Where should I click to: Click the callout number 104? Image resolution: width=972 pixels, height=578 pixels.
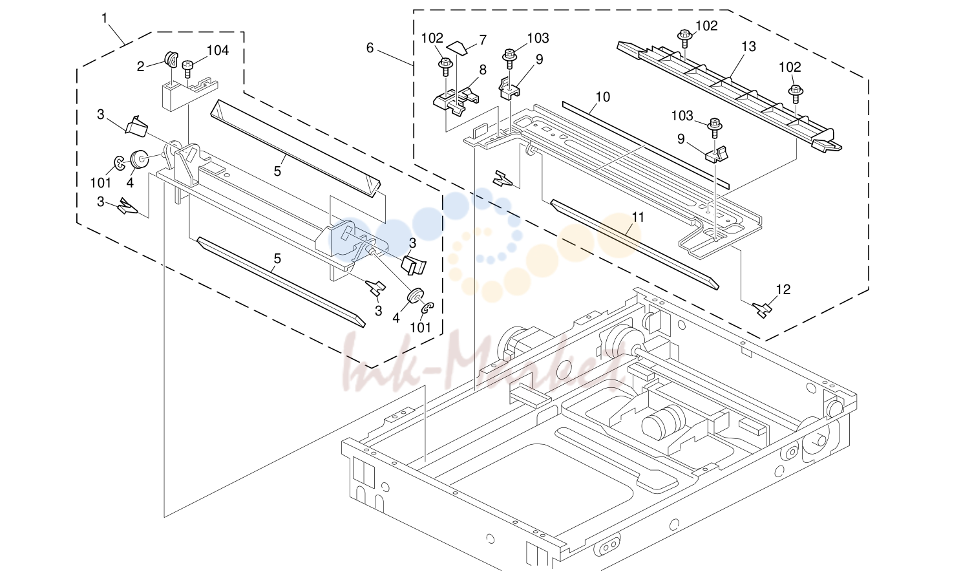(217, 51)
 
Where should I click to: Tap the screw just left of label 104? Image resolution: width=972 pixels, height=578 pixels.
(187, 69)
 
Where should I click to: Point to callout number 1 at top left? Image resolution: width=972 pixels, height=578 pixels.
(104, 18)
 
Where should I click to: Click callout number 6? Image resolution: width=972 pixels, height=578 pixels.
(370, 48)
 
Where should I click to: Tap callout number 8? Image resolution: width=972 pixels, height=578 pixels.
(483, 70)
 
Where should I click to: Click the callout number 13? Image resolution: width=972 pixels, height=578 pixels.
(748, 47)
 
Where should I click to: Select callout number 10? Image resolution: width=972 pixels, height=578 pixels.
(603, 97)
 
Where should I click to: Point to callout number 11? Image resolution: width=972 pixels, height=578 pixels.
(637, 217)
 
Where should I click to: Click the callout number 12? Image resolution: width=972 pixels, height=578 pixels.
(783, 289)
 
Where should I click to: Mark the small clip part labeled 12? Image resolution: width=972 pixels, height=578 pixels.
(762, 310)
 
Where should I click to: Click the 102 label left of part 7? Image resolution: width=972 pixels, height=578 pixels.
(432, 38)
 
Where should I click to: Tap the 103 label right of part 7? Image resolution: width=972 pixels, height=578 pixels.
(538, 38)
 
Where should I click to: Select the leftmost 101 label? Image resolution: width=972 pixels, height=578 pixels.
(101, 183)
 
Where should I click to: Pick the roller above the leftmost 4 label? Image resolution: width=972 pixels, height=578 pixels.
(140, 160)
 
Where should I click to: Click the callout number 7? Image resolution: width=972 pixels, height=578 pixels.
(483, 40)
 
